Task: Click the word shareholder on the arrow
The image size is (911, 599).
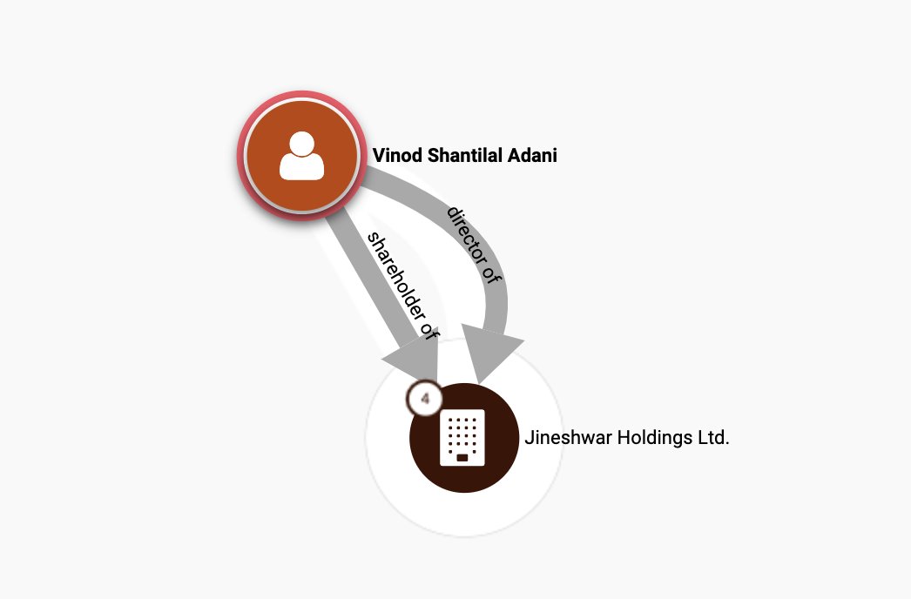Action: pos(391,269)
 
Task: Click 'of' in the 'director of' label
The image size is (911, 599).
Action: pos(493,274)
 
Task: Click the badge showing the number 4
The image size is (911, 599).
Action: pos(425,399)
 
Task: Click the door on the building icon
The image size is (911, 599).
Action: pos(462,457)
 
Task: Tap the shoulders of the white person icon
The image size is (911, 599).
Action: pos(301,167)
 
